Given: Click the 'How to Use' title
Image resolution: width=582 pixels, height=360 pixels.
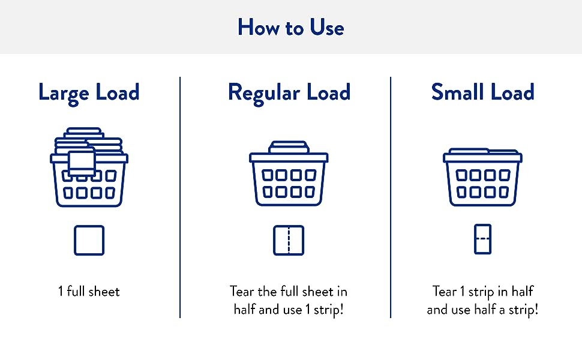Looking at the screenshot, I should pos(290,28).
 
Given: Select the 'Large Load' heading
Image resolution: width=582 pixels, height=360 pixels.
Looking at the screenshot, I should pos(89,93).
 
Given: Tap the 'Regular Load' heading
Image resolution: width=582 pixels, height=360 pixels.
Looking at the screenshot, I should pos(289,93).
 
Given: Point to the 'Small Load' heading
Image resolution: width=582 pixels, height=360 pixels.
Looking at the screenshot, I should pos(482,93).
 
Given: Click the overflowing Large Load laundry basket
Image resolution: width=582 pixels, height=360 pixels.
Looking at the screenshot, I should pos(89,168).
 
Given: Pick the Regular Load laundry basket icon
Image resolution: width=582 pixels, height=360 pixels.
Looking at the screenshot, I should pos(289,177).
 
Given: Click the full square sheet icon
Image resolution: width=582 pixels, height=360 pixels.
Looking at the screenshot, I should pos(89,240).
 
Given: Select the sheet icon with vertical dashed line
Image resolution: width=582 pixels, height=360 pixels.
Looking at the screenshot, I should pos(289,240).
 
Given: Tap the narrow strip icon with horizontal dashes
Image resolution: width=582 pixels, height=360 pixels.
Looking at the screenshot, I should pos(482,239).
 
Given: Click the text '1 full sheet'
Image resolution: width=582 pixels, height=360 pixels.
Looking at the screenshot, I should pos(89,292).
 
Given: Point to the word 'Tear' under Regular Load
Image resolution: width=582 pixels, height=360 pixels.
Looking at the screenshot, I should pos(242,292).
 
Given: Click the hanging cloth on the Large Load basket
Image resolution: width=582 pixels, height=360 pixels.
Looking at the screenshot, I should pos(82,163).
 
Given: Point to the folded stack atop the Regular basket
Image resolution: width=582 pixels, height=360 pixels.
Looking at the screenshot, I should pos(289,148).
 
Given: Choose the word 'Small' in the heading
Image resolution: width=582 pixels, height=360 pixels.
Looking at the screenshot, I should pos(458,93).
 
